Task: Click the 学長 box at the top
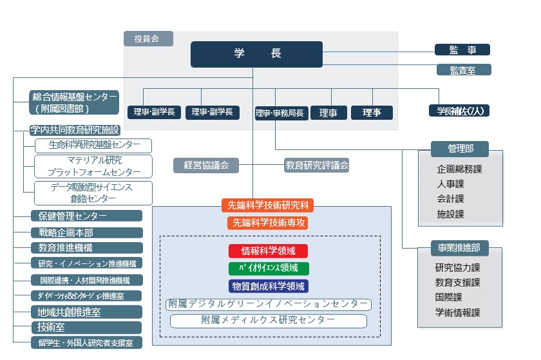point(256,54)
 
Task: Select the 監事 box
point(462,50)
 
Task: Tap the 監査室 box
point(462,70)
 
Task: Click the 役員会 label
point(148,39)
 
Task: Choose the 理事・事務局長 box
point(280,113)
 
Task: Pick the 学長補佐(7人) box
point(459,111)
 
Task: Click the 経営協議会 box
point(205,166)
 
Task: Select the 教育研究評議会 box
point(317,166)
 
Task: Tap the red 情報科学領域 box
point(268,251)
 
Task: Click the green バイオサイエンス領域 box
point(268,269)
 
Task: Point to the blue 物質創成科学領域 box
point(268,286)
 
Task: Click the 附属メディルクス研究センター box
point(268,320)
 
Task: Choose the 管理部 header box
point(460,149)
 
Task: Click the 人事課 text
point(450,184)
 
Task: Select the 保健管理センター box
point(87,216)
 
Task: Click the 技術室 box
point(87,327)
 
